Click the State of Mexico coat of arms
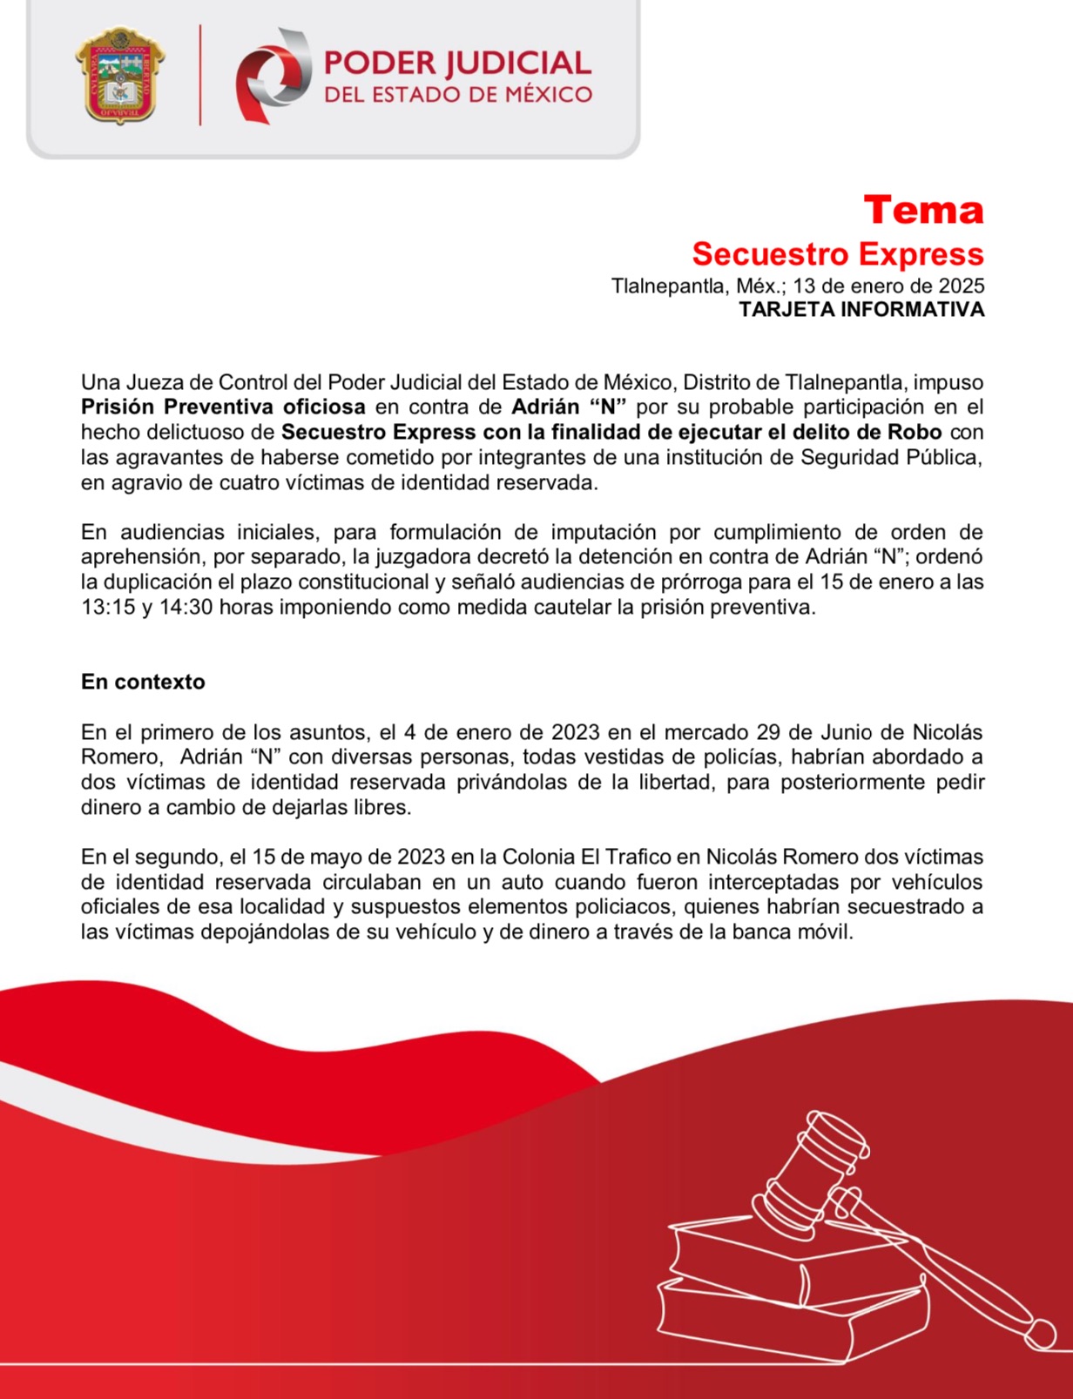point(120,75)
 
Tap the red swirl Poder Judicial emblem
point(273,75)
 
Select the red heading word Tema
point(923,210)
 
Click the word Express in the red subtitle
point(923,254)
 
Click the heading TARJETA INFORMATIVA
point(861,310)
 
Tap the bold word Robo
point(914,432)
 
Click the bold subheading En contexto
point(143,682)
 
